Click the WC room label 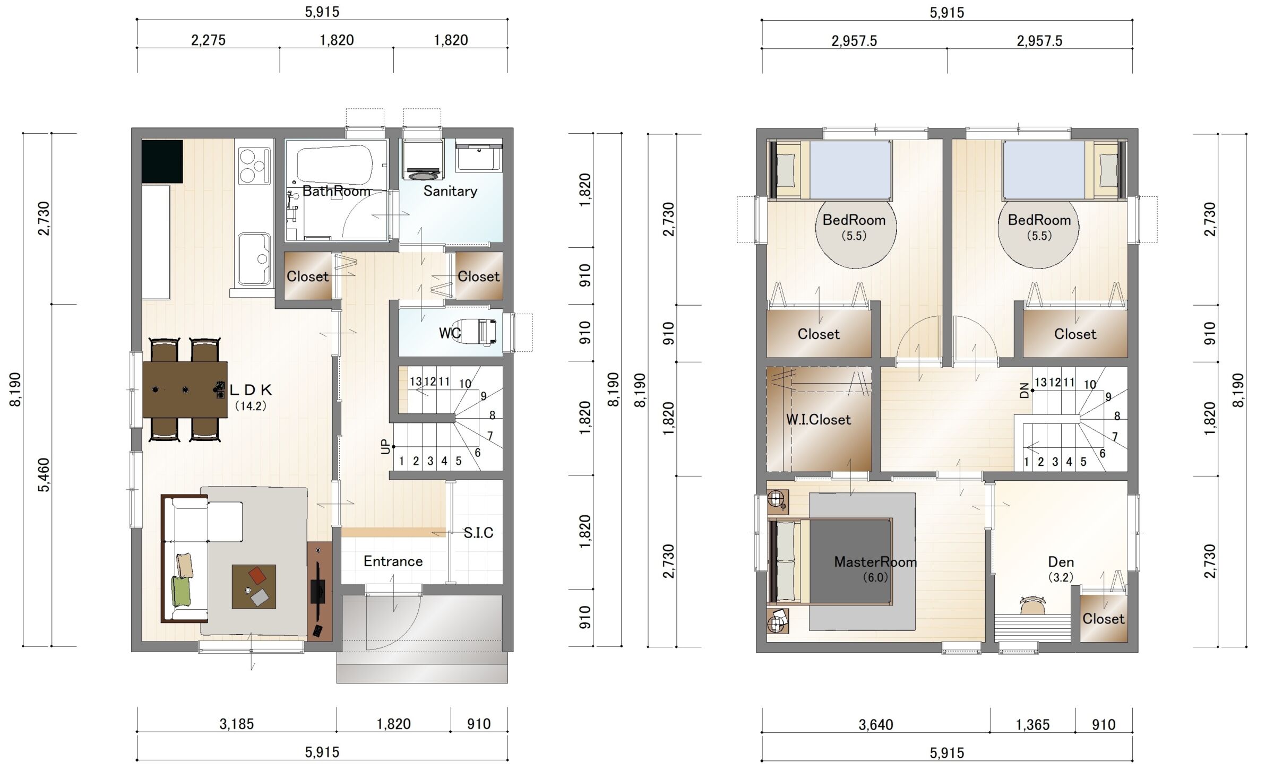click(450, 333)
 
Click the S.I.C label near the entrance click(478, 533)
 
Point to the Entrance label click(393, 561)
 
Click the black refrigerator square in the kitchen click(162, 161)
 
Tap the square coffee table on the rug click(254, 586)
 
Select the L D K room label click(251, 390)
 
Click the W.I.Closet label click(818, 420)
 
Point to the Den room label click(1061, 562)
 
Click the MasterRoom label click(875, 562)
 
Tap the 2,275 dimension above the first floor click(208, 40)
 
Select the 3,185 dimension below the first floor click(237, 724)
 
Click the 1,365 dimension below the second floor click(1032, 725)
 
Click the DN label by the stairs click(1025, 391)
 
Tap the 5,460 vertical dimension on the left click(44, 475)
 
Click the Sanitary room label click(450, 191)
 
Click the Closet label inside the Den click(1103, 619)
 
